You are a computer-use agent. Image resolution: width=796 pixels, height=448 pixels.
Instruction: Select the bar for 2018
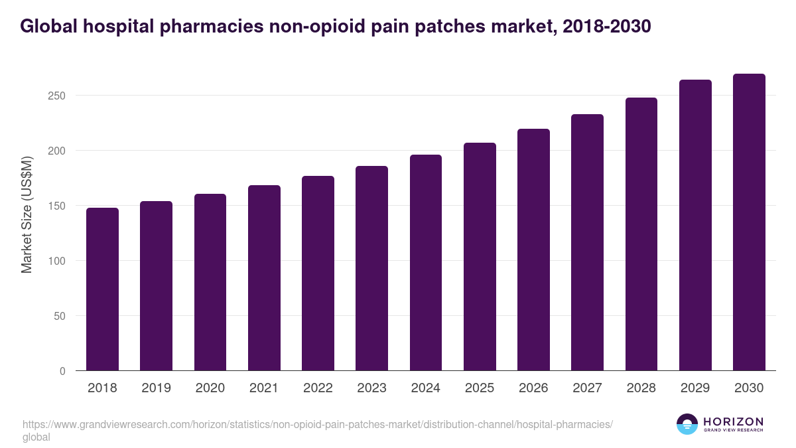point(102,289)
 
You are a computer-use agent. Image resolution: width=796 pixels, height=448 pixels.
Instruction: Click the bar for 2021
point(264,278)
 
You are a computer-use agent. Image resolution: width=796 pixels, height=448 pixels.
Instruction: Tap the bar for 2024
point(426,263)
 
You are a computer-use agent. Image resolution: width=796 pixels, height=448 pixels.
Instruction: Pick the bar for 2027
point(587,242)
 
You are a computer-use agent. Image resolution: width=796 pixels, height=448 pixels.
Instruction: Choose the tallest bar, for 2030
point(749,222)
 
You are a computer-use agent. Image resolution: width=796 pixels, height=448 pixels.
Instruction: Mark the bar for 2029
point(695,225)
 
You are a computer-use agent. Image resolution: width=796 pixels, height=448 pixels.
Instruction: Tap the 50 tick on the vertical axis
point(60,316)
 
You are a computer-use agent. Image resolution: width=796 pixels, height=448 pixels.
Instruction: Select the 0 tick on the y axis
point(62,371)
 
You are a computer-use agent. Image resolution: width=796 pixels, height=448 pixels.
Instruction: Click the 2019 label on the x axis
point(156,388)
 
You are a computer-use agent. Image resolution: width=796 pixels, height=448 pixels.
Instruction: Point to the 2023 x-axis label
point(371,388)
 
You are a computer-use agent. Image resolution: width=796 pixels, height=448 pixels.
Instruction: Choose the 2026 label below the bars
point(533,388)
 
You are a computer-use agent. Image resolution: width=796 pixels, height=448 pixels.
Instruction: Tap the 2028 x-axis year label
point(641,388)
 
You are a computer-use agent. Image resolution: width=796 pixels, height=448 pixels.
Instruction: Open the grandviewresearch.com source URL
point(317,424)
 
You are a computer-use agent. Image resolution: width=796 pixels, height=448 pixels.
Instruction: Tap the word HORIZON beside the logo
point(733,421)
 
